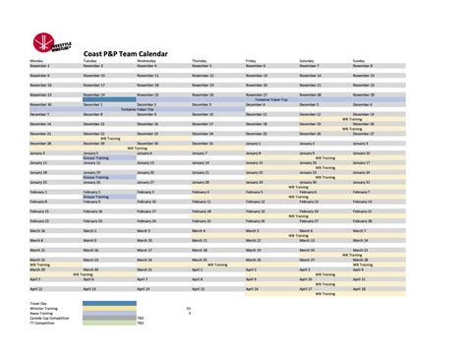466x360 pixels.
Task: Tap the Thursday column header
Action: tap(201, 61)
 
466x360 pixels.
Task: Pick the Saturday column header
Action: tap(308, 61)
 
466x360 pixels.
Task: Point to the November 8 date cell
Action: tap(362, 66)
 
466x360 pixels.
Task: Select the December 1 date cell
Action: tap(92, 104)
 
